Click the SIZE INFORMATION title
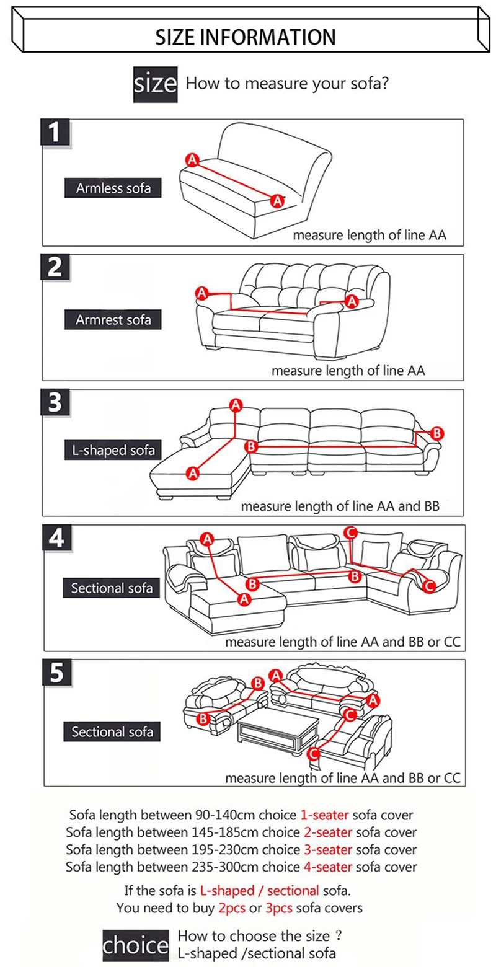[245, 37]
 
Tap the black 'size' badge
[156, 83]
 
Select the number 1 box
[56, 133]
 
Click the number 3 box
[56, 403]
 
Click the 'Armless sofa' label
[113, 188]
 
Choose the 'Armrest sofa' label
[113, 320]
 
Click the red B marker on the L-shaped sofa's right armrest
[436, 433]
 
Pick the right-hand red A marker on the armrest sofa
[352, 301]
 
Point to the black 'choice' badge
[135, 945]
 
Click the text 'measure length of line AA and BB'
[340, 506]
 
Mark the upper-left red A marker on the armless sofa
[192, 161]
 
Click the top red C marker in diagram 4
[350, 532]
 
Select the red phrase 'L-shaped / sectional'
[260, 891]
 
